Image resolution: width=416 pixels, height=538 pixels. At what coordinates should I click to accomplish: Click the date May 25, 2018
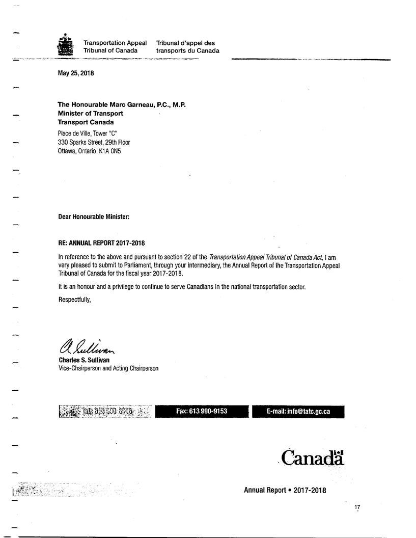pos(76,73)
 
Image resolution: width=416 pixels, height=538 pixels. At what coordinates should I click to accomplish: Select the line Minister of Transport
pos(90,113)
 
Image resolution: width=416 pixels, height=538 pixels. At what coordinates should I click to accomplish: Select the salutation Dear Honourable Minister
pos(94,217)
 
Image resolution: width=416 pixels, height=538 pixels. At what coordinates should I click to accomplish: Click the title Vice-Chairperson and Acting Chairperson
pos(108,368)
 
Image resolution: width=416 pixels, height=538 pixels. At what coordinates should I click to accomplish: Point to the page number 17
pos(357,508)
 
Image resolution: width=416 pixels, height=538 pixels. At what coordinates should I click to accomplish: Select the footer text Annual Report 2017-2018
pos(285,490)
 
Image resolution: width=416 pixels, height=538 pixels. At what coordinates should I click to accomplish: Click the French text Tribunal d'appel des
pos(185,43)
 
